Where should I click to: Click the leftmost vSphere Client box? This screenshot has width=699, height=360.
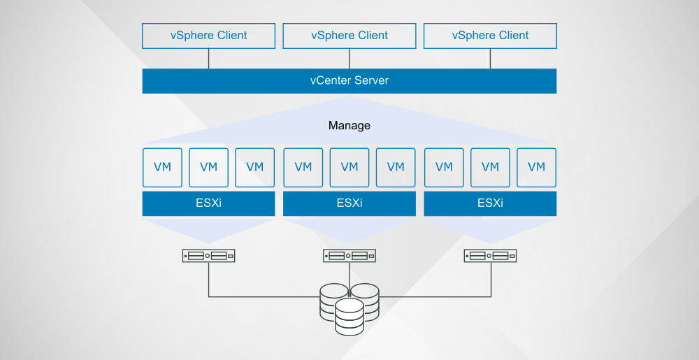point(208,36)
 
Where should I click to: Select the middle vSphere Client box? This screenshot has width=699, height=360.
point(349,36)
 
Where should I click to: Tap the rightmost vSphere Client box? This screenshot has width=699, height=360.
point(490,36)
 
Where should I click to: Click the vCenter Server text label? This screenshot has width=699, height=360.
point(349,80)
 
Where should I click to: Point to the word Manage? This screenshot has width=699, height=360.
point(349,126)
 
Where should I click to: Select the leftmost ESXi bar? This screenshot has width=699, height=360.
point(208,203)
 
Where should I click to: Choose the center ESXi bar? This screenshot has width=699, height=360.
point(349,203)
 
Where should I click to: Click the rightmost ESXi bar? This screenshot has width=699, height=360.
point(490,203)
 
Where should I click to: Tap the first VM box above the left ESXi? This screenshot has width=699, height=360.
point(162,167)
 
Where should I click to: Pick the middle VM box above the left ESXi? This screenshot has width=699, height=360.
point(208,167)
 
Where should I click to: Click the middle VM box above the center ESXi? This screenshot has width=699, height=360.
point(349,167)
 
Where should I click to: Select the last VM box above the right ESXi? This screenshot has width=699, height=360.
point(536,167)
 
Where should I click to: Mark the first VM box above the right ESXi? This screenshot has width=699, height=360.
point(444,167)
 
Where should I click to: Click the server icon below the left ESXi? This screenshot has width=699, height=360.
point(208,256)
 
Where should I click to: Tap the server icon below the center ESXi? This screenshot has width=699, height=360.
point(349,256)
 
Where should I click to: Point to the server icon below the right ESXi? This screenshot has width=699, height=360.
point(490,256)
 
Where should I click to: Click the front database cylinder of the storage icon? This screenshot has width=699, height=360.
point(349,316)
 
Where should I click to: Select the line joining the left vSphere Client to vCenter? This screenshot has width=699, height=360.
point(208,59)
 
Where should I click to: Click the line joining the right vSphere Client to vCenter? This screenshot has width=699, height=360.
point(490,59)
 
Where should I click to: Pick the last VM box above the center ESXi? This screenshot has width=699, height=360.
point(396,167)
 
